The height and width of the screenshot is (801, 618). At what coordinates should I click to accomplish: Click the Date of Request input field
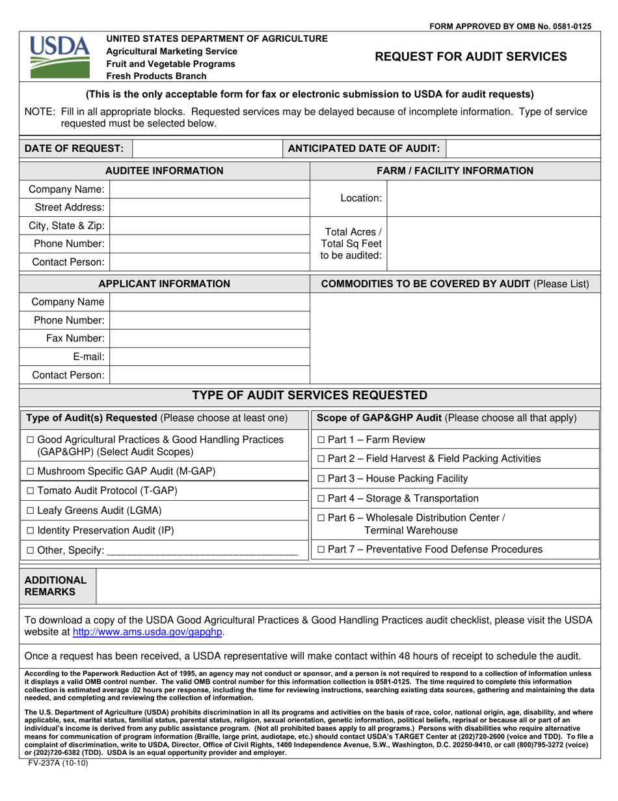[208, 148]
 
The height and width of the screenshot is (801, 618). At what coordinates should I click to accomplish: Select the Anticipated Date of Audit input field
[523, 148]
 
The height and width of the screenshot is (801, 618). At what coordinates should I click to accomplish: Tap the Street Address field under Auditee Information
[210, 208]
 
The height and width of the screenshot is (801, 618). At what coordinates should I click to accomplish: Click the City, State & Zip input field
[210, 226]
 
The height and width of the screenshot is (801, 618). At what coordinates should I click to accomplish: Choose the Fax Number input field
[210, 339]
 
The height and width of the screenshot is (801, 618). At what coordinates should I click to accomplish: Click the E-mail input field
[210, 356]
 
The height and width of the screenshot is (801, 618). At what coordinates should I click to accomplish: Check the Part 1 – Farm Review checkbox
[321, 440]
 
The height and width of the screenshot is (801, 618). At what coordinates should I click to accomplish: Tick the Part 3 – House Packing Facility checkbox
[321, 479]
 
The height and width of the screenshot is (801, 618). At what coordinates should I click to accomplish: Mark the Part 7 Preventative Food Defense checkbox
[321, 550]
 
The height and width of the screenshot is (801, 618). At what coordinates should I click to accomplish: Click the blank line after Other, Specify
[202, 551]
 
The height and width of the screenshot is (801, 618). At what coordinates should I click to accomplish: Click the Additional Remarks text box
[347, 586]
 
